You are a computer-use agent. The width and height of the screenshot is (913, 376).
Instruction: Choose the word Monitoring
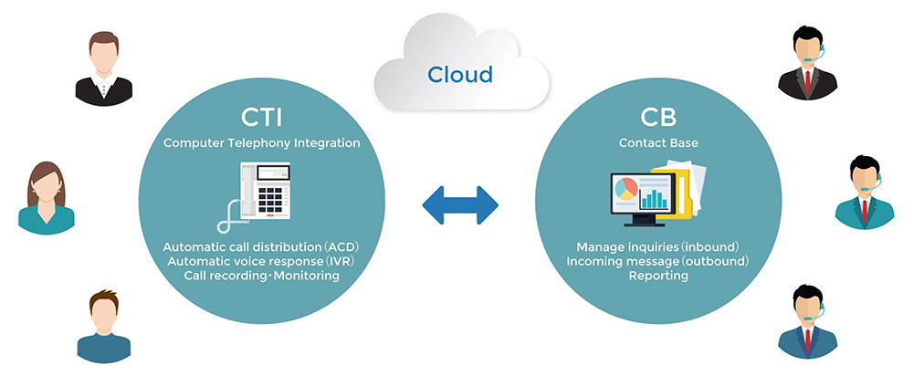[x=305, y=276]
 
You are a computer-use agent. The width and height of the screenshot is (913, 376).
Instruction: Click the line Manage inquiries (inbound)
[x=657, y=247]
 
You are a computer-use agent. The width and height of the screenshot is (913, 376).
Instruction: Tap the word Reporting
[x=658, y=276]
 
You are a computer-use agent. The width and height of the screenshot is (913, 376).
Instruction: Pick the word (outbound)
[x=717, y=261]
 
